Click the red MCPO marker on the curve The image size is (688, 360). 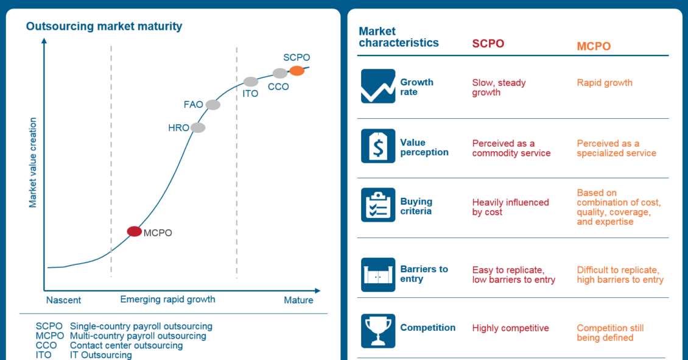coord(135,231)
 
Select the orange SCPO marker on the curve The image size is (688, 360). coord(297,71)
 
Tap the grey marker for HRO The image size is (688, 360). coord(198,128)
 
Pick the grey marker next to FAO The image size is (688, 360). coord(213,105)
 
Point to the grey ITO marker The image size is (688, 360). coord(251,82)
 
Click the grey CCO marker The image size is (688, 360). coord(280,73)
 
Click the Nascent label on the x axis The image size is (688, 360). coord(63,300)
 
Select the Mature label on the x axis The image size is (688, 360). coord(298,300)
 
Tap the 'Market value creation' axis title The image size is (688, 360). coord(32,163)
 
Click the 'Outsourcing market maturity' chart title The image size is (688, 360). coord(104,26)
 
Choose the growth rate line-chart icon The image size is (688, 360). coord(378,86)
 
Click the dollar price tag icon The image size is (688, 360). coord(378,146)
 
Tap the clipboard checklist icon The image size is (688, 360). coord(378,205)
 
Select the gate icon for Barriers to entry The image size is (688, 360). coord(378,275)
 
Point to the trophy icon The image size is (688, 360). coord(378,331)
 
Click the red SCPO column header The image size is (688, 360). coord(488,43)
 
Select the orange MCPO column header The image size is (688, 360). coord(594,46)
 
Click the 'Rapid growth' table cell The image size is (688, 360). coord(605,83)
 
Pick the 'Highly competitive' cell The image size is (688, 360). coord(510,328)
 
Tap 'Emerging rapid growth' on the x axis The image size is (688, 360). coord(167,300)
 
